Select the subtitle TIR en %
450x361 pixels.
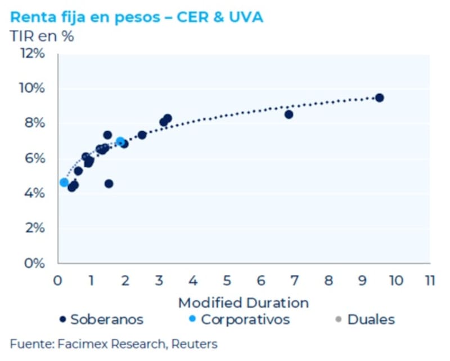[42, 36]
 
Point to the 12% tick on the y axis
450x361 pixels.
[33, 54]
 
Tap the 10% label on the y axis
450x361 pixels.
[33, 88]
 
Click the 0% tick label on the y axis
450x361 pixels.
[35, 263]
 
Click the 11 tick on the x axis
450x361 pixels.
[430, 280]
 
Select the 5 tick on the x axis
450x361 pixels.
[227, 280]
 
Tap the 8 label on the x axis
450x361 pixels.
[329, 280]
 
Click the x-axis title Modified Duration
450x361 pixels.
[244, 302]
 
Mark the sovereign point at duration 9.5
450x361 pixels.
[379, 97]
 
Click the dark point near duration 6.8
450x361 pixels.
[289, 114]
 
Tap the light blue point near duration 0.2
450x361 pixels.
[64, 182]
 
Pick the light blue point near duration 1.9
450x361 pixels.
[120, 141]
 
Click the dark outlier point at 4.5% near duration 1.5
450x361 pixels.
[109, 184]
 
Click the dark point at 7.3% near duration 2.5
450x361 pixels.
[142, 135]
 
